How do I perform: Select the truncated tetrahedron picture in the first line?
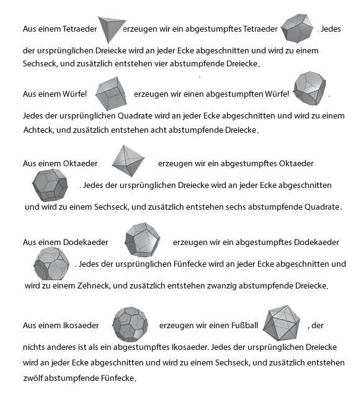pos(297,28)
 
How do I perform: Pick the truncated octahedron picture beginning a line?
pos(48,184)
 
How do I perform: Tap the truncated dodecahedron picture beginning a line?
pos(49,264)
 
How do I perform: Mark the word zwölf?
pos(33,378)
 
